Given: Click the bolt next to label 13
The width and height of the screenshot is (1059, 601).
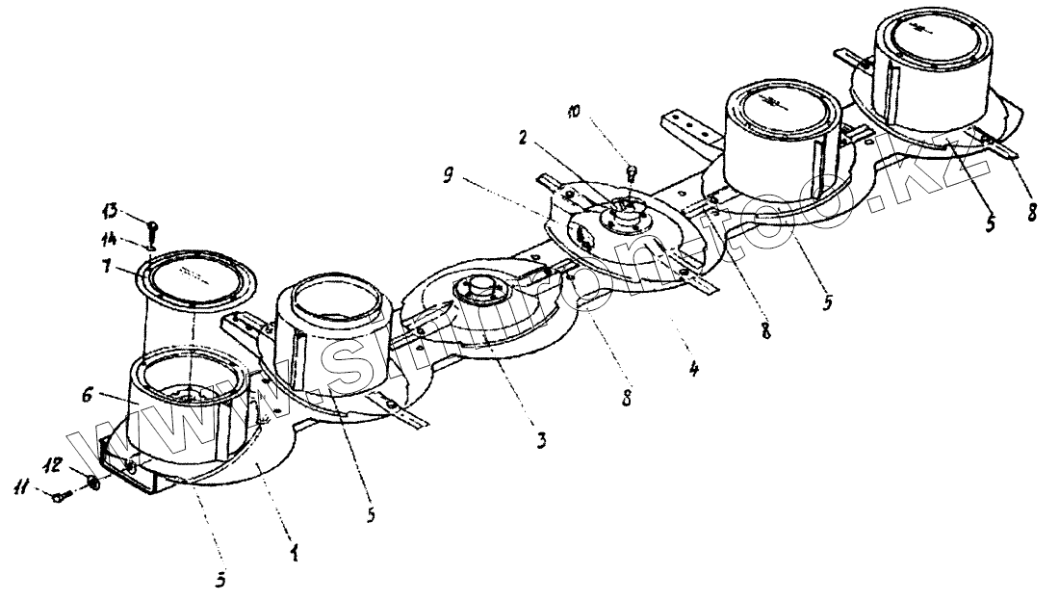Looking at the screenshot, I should point(152,228).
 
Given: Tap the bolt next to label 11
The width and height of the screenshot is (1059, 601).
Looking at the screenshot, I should point(61,496).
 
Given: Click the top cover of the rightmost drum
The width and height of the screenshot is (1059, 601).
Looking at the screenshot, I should point(929,40).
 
